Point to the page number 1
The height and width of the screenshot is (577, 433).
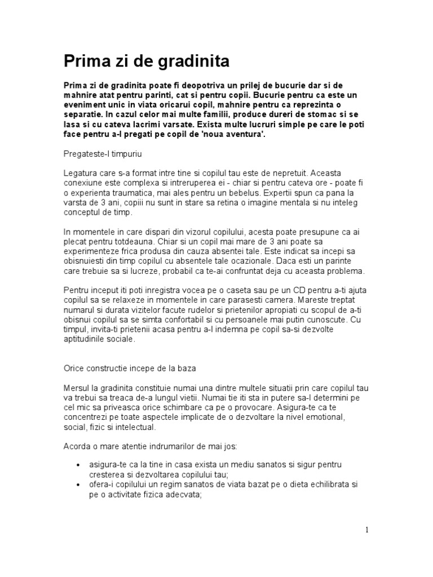click(x=367, y=529)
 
